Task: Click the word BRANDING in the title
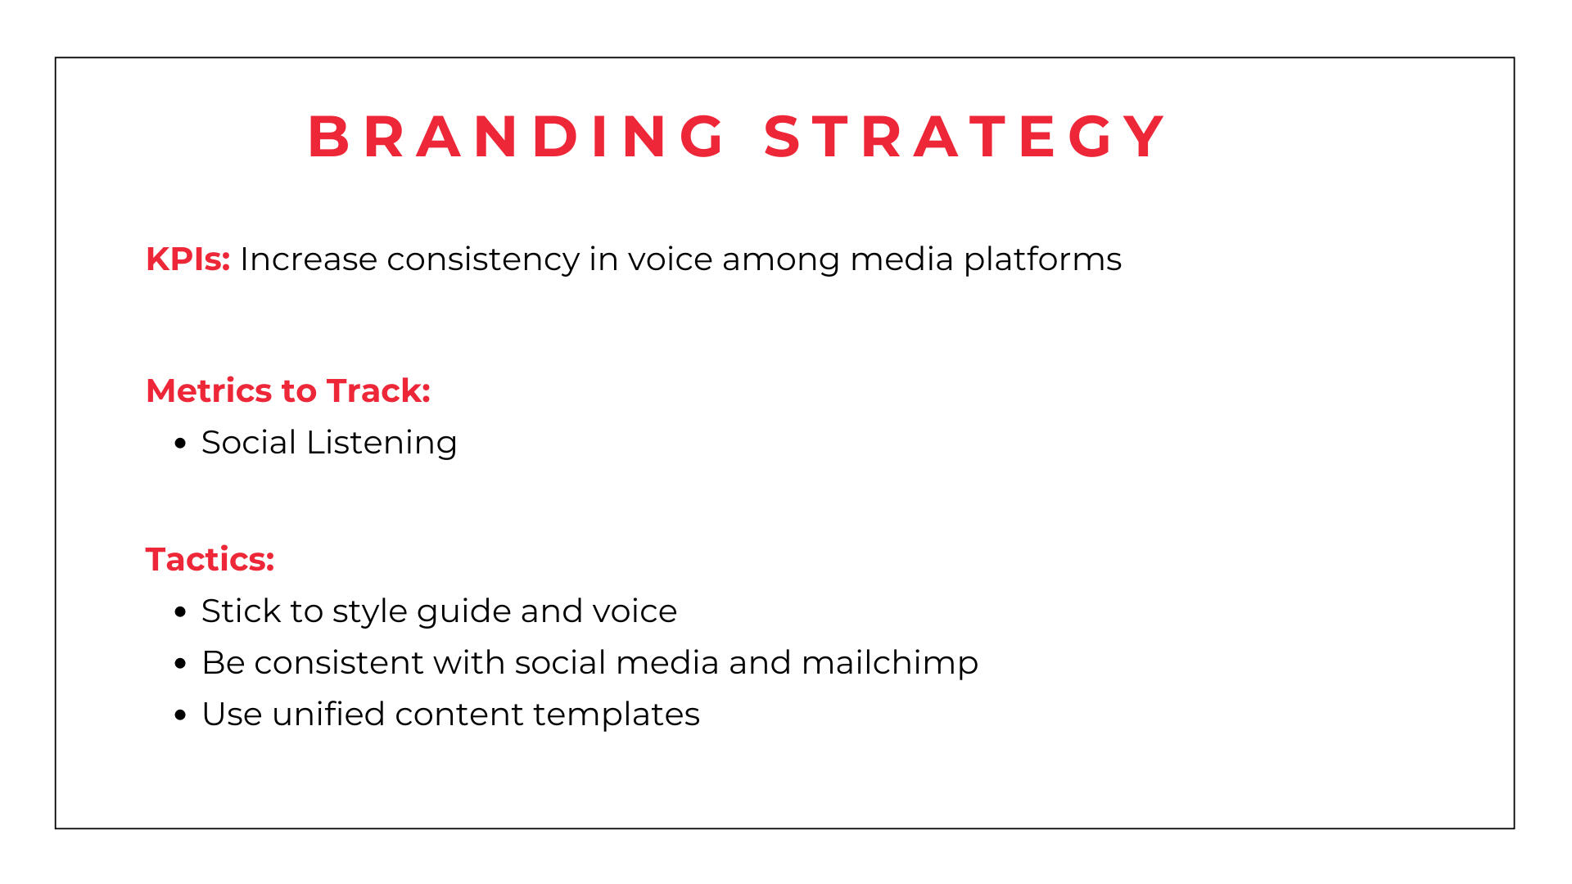[517, 136]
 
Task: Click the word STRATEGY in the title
[964, 136]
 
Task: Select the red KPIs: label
[188, 259]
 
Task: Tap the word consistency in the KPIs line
[483, 260]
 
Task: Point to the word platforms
[1042, 260]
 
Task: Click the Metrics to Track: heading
[288, 391]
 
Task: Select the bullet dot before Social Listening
[181, 444]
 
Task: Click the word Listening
[382, 444]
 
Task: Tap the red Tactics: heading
[210, 560]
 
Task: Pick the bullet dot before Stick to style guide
[181, 612]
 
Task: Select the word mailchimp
[890, 663]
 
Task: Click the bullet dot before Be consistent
[181, 664]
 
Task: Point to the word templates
[617, 715]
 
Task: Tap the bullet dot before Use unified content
[181, 715]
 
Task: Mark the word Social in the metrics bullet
[249, 443]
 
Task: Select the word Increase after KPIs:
[309, 259]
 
